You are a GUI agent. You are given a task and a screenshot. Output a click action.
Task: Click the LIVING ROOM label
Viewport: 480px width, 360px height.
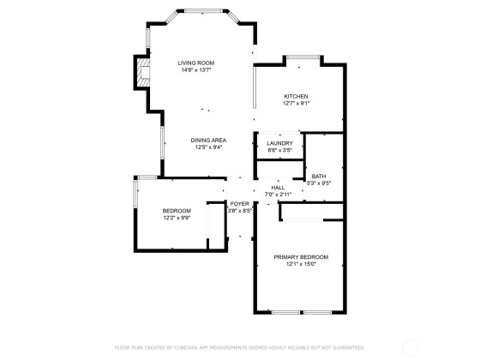[196, 63]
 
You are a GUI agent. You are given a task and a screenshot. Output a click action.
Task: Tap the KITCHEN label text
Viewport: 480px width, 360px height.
[296, 96]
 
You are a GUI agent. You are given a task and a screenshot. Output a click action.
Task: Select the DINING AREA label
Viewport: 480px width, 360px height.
[208, 141]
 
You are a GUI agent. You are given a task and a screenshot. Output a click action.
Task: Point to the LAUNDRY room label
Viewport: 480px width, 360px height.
[279, 143]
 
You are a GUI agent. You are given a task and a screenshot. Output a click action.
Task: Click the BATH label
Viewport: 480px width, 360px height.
[319, 177]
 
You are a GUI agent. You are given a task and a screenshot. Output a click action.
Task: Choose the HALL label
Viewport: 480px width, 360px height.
[278, 188]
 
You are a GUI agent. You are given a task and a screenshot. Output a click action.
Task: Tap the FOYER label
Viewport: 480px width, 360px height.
[240, 204]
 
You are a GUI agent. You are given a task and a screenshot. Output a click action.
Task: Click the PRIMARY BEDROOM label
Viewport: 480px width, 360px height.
[301, 257]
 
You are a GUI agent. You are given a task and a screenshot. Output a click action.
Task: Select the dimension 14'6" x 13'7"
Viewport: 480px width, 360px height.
[196, 70]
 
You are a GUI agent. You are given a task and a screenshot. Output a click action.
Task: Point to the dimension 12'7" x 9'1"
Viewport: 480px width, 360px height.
[296, 104]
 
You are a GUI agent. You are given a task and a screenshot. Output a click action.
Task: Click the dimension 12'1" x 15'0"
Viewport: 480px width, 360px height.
[301, 264]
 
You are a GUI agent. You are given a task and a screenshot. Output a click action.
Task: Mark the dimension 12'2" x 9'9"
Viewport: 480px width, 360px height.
[177, 218]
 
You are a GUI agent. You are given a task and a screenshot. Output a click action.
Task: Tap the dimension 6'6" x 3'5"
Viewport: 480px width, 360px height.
[279, 150]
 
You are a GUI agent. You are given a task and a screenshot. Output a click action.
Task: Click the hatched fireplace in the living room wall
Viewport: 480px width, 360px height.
[143, 72]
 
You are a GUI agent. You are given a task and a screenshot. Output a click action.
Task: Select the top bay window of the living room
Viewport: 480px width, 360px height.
[202, 11]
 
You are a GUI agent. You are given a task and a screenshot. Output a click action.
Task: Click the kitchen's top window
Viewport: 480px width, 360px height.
[303, 57]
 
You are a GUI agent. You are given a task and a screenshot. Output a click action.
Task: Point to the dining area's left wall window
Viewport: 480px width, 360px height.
[163, 142]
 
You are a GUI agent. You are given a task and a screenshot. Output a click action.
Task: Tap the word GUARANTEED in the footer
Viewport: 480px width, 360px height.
[349, 348]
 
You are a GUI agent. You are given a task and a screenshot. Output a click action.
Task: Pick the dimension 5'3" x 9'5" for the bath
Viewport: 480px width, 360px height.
[319, 183]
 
